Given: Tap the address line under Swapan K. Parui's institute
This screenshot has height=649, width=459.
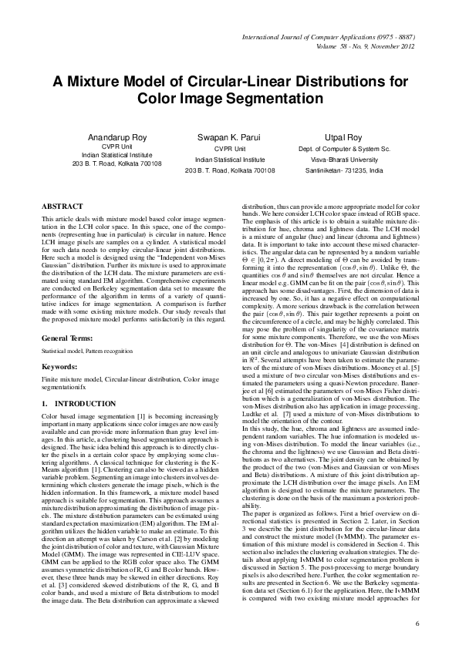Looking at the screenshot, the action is (x=229, y=164).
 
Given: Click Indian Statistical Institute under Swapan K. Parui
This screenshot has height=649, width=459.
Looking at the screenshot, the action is (x=229, y=154).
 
